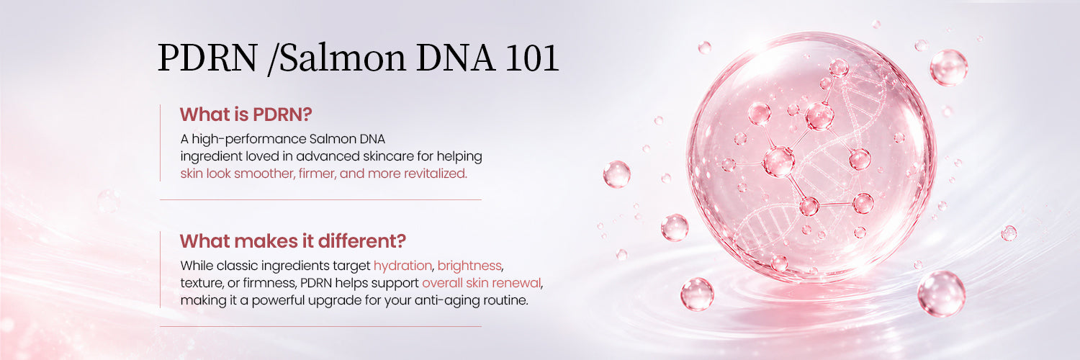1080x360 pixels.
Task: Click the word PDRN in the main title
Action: pyautogui.click(x=208, y=58)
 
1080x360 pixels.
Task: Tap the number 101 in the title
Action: pyautogui.click(x=532, y=58)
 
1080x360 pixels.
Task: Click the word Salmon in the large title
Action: pyautogui.click(x=343, y=58)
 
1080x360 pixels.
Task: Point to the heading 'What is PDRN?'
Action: pyautogui.click(x=246, y=114)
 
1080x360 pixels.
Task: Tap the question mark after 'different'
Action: pyautogui.click(x=400, y=241)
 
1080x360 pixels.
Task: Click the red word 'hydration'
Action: pyautogui.click(x=403, y=266)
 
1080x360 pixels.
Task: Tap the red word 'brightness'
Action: pyautogui.click(x=469, y=266)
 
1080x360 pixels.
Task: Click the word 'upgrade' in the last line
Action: pyautogui.click(x=335, y=301)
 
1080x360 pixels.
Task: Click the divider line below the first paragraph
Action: pyautogui.click(x=320, y=199)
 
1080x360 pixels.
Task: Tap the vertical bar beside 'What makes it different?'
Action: pyautogui.click(x=160, y=269)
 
